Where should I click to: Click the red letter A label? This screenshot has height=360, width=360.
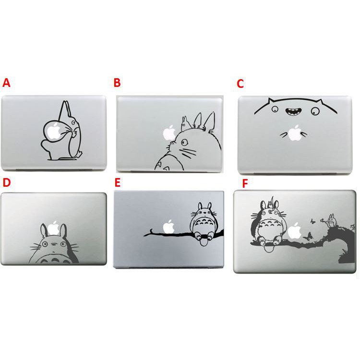6,83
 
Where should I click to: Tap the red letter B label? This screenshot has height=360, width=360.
117,83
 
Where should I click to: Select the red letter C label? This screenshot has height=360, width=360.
240,84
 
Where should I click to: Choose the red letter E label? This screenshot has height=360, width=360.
117,183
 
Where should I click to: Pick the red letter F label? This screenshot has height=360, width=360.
245,183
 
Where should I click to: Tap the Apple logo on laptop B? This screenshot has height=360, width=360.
169,133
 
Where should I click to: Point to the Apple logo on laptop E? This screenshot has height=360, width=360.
169,227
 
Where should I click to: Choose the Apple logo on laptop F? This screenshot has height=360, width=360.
295,230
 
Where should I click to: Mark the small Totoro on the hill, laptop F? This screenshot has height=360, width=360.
331,221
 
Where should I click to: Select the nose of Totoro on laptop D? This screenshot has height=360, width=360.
53,244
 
